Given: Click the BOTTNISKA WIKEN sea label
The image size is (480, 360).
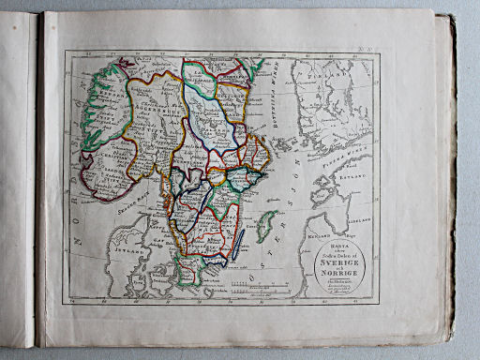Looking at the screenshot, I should click(266, 94).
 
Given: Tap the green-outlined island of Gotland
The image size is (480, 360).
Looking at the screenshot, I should click(266, 226).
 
